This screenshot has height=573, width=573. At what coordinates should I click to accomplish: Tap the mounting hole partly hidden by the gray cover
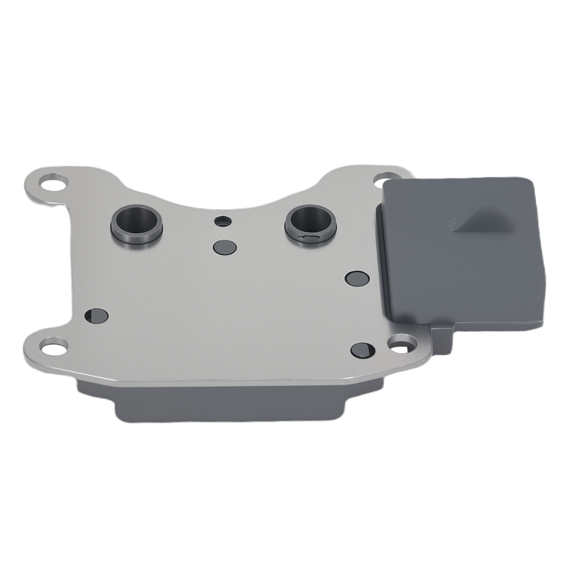tap(383, 182)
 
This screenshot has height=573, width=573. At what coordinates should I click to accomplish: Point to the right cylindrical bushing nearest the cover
tap(309, 222)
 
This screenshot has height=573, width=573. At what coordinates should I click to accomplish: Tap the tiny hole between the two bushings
tap(220, 221)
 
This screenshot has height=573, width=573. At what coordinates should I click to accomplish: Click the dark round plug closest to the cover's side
tap(358, 278)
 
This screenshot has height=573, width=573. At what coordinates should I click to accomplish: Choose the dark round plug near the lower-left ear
tap(96, 315)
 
